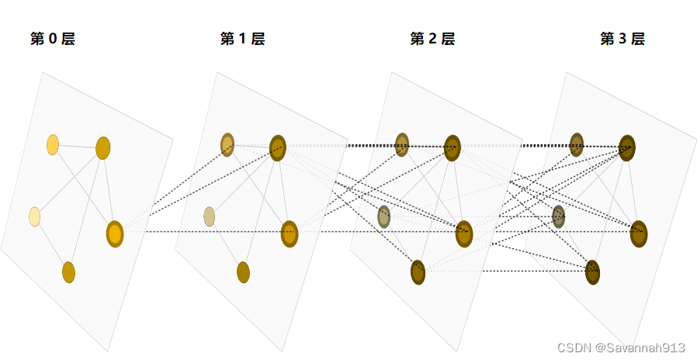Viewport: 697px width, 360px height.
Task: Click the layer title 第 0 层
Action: click(53, 39)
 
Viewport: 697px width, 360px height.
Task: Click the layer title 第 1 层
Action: click(242, 39)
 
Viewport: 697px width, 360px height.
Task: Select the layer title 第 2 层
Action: click(432, 39)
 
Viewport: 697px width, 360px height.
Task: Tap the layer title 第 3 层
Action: click(622, 39)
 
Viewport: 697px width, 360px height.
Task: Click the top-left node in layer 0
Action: click(53, 144)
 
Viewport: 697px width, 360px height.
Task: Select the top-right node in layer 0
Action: click(102, 147)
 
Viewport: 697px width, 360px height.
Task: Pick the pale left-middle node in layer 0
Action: click(35, 216)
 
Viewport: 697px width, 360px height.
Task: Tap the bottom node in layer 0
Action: click(68, 272)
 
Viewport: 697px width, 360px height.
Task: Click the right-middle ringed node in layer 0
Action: click(115, 234)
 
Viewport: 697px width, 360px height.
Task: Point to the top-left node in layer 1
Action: click(227, 144)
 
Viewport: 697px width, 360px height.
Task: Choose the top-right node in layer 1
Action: click(278, 147)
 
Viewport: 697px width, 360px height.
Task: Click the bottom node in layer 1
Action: click(243, 272)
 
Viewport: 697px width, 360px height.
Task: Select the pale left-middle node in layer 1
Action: click(209, 216)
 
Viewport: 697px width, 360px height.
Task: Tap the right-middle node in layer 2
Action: click(464, 234)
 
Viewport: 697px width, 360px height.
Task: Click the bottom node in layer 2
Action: click(418, 272)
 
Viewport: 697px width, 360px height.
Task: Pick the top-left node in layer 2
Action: click(402, 144)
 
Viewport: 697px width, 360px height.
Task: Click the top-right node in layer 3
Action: click(627, 147)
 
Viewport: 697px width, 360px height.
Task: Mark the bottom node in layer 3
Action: click(592, 272)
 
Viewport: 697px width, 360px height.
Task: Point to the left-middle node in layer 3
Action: click(558, 216)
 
